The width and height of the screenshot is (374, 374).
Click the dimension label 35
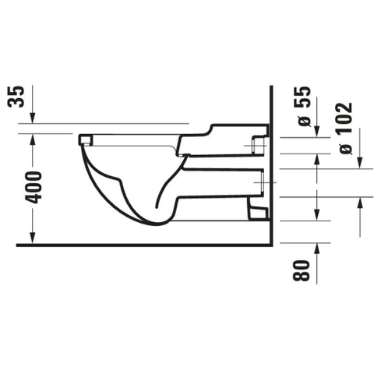(16, 97)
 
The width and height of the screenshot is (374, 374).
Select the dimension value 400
(34, 187)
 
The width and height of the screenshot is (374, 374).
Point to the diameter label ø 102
(346, 129)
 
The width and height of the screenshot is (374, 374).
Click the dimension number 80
(302, 270)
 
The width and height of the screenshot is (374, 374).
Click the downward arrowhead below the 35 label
(33, 118)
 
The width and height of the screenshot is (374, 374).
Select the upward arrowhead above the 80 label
(316, 249)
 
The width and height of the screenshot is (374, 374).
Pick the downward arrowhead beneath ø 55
(316, 131)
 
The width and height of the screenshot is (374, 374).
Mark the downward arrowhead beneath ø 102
(360, 163)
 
